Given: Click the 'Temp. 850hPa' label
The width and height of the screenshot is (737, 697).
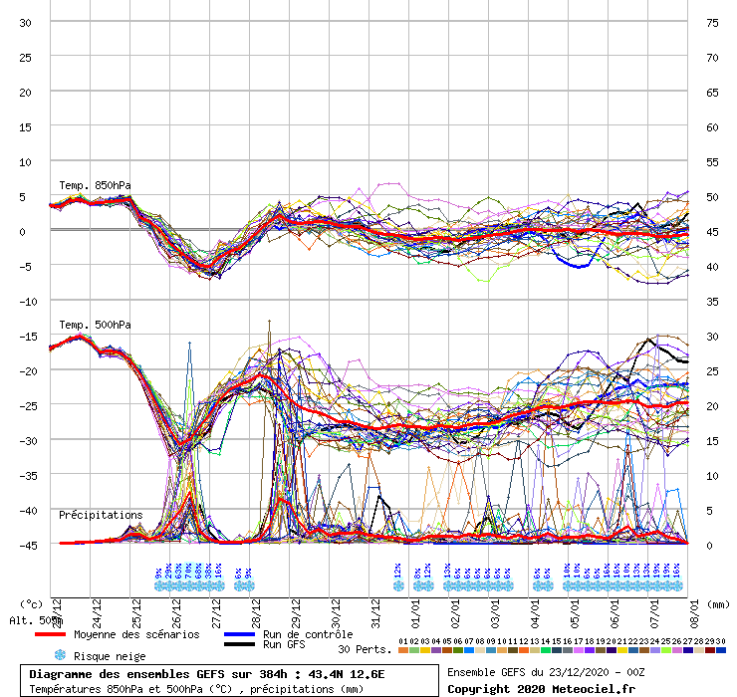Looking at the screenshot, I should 95,185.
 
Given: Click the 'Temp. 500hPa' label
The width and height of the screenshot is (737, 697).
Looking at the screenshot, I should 95,325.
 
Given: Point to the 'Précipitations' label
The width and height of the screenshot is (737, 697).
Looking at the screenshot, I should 101,515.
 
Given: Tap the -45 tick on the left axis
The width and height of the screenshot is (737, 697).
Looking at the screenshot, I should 26,545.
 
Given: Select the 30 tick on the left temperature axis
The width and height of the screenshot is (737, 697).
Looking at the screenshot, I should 26,23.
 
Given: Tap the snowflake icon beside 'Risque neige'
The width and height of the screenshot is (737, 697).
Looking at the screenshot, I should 59,655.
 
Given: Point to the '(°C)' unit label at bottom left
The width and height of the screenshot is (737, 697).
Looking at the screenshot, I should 32,603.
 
